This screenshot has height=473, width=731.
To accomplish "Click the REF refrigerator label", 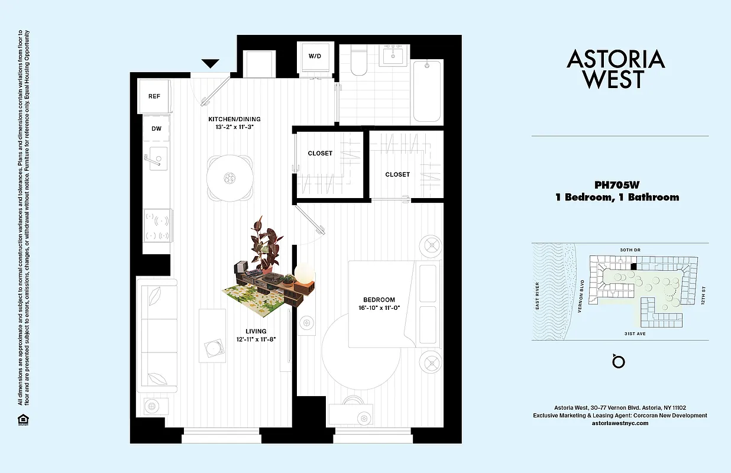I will click(154, 96).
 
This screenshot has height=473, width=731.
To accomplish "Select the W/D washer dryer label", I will click(315, 56).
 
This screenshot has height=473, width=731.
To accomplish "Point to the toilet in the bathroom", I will click(359, 62).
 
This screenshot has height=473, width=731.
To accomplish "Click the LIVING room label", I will click(257, 331).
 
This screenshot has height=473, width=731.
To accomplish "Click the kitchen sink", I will click(157, 158).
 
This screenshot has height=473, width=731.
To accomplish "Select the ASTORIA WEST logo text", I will click(616, 69).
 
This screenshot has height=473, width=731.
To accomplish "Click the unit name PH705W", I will click(617, 184).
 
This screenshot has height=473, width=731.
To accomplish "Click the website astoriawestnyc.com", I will click(620, 423).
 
